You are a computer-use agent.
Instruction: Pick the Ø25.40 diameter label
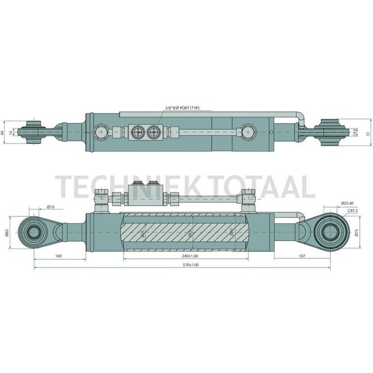(348, 203)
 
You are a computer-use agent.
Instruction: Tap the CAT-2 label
(353, 211)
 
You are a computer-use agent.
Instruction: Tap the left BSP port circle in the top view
(138, 133)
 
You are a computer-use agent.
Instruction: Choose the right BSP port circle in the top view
(153, 133)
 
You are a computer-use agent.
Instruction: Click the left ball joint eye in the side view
(33, 232)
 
